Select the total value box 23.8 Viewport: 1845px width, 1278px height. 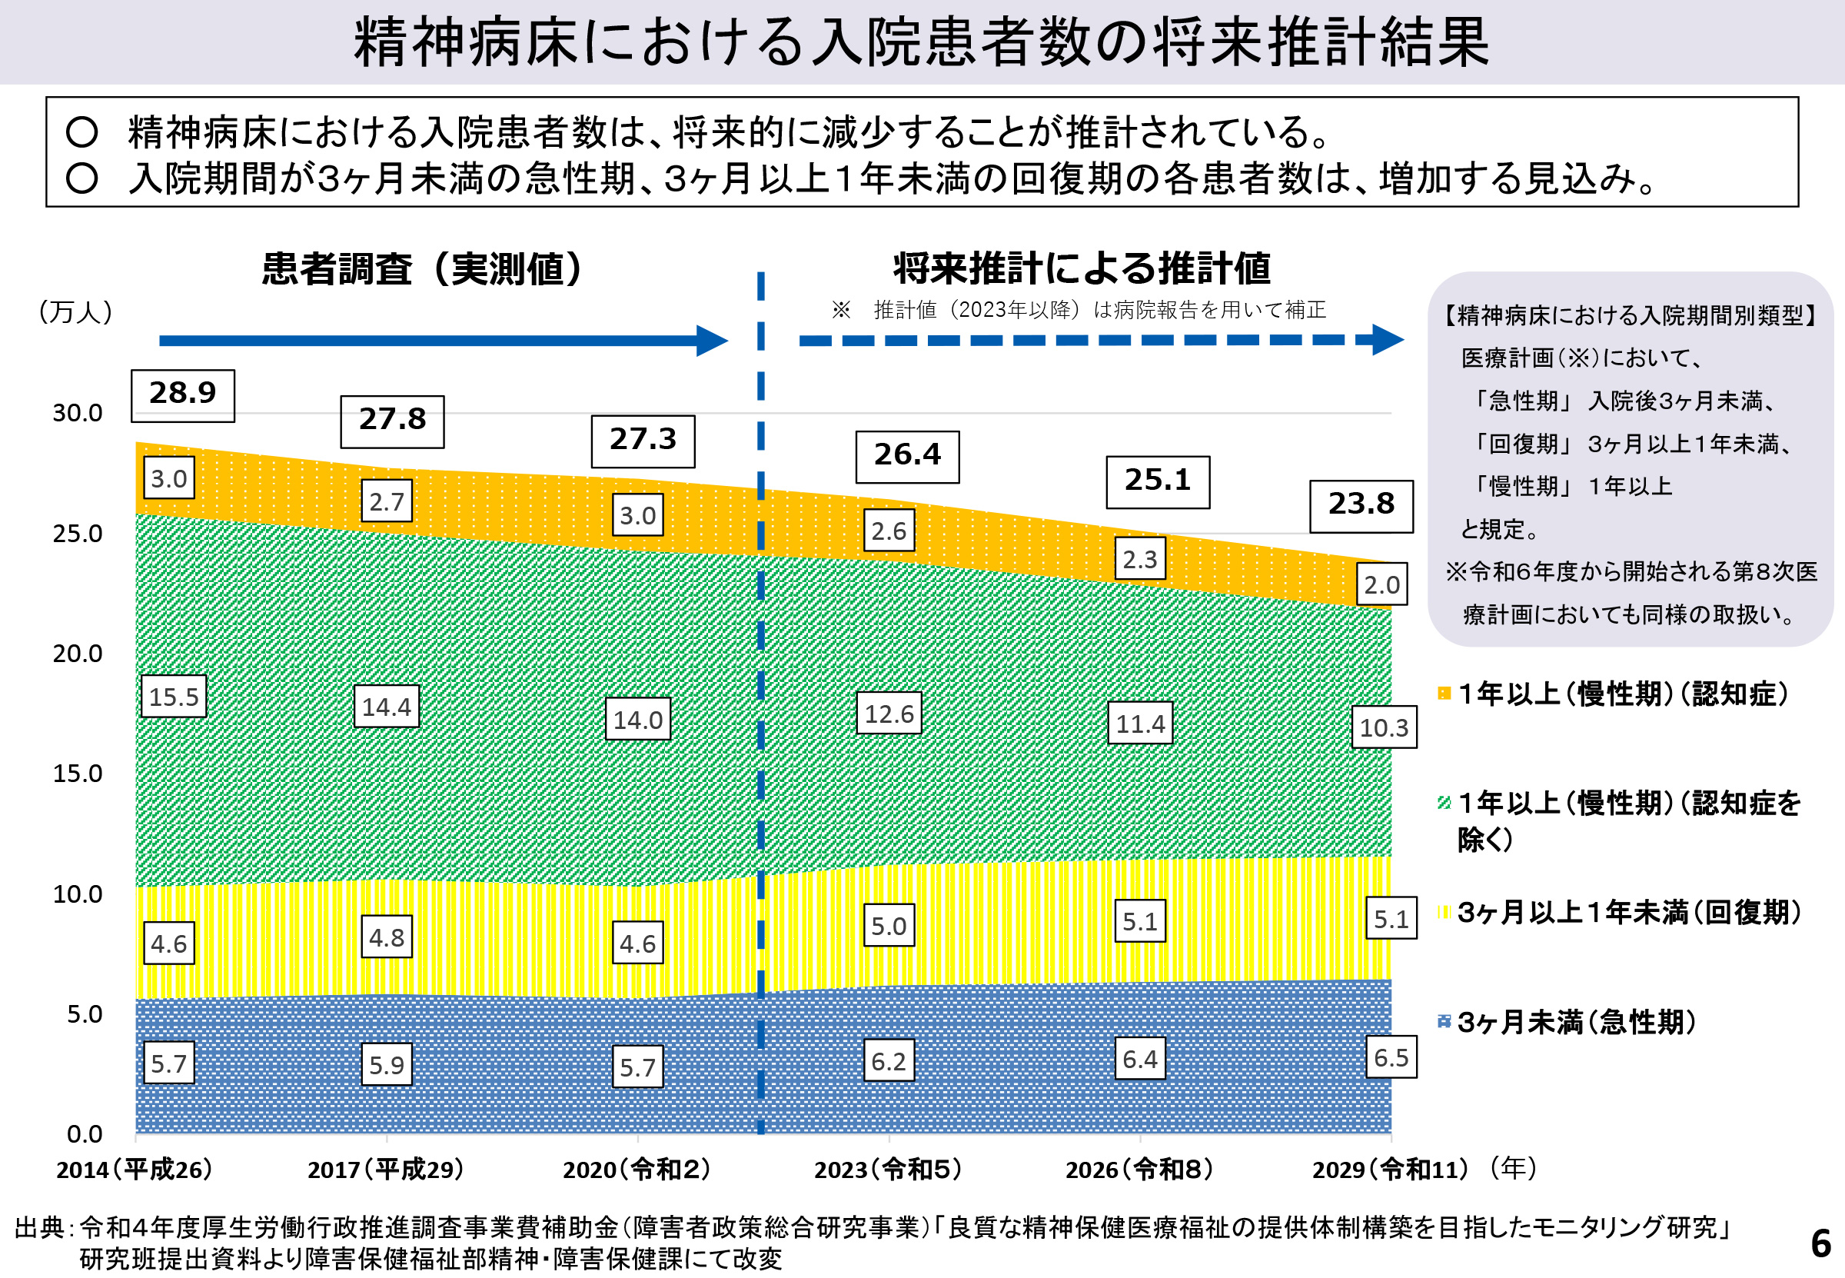click(x=1361, y=505)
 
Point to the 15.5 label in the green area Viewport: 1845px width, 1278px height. click(x=174, y=696)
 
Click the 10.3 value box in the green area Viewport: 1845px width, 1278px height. click(x=1383, y=727)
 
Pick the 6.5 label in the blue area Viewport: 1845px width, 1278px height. click(x=1391, y=1057)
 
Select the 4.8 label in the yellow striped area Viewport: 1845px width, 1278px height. click(x=387, y=937)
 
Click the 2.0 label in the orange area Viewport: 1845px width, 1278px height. click(x=1381, y=584)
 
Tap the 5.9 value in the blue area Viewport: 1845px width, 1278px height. click(x=387, y=1064)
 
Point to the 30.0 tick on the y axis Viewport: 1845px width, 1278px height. click(x=78, y=413)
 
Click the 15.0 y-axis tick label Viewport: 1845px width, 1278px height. click(x=78, y=774)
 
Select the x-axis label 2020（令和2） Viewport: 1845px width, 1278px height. click(x=637, y=1170)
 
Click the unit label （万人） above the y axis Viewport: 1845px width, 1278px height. click(x=76, y=311)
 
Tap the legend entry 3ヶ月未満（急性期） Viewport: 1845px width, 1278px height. click(x=1575, y=1023)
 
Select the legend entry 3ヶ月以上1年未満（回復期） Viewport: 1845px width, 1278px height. click(x=1628, y=912)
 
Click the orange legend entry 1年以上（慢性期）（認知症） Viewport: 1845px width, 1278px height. click(x=1622, y=694)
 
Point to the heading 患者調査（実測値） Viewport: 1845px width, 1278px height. click(x=423, y=269)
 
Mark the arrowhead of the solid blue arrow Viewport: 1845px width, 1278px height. click(x=712, y=341)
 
